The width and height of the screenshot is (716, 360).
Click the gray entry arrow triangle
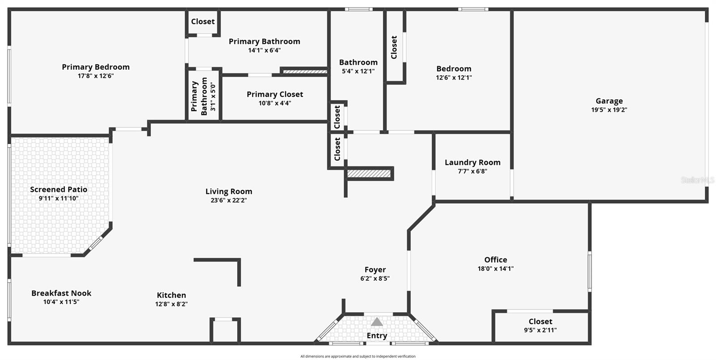coord(377,322)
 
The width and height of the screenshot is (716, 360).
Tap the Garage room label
coord(609,101)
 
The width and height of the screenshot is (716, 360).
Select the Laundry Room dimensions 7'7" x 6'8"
coord(473,171)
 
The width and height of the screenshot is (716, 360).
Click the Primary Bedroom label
coord(96,67)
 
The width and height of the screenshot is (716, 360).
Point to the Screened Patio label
coord(59,190)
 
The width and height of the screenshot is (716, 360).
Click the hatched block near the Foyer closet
coord(369,174)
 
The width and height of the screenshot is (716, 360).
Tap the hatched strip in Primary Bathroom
coord(305,71)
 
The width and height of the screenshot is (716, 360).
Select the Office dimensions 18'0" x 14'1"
coord(495,269)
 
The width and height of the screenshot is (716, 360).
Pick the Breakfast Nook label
coord(61,293)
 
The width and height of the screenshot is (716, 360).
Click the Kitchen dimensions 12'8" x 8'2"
coord(171,304)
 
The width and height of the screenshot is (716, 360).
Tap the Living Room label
coord(229,191)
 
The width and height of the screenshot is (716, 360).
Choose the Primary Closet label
coord(275,94)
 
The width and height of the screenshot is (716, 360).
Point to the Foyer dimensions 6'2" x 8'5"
coord(375,279)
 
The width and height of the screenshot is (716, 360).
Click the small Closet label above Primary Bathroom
coord(203,21)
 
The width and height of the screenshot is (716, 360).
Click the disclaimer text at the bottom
coord(358,356)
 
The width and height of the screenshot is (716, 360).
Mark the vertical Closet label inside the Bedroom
coord(394,47)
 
